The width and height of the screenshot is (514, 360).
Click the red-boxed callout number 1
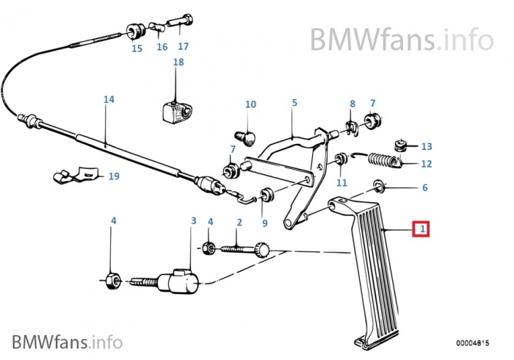(421, 230)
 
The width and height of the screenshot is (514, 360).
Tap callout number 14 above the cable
(109, 98)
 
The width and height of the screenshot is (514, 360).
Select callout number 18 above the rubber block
(178, 62)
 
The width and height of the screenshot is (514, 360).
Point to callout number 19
(113, 176)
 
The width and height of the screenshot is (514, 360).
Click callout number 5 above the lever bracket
(294, 104)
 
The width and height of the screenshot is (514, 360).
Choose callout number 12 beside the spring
(427, 164)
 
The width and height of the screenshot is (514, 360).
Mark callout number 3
(193, 220)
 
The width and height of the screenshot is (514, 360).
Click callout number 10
(250, 104)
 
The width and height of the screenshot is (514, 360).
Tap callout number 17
(183, 46)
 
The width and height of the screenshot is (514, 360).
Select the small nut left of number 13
(401, 143)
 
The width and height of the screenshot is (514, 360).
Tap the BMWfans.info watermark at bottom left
(67, 342)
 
